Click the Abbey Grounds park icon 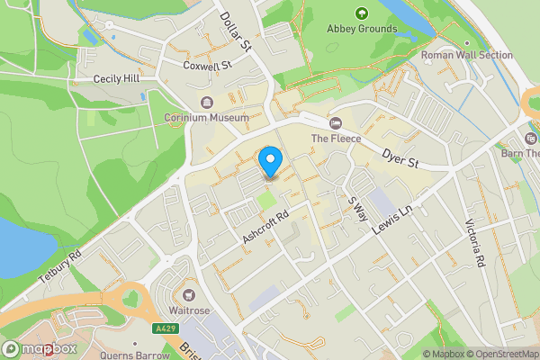click(x=361, y=13)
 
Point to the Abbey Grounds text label click(x=361, y=29)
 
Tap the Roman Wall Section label click(x=467, y=56)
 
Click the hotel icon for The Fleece click(x=336, y=122)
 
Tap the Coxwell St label click(x=207, y=65)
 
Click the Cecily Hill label click(x=117, y=79)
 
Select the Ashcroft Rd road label click(x=265, y=228)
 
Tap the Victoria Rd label click(x=475, y=243)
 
